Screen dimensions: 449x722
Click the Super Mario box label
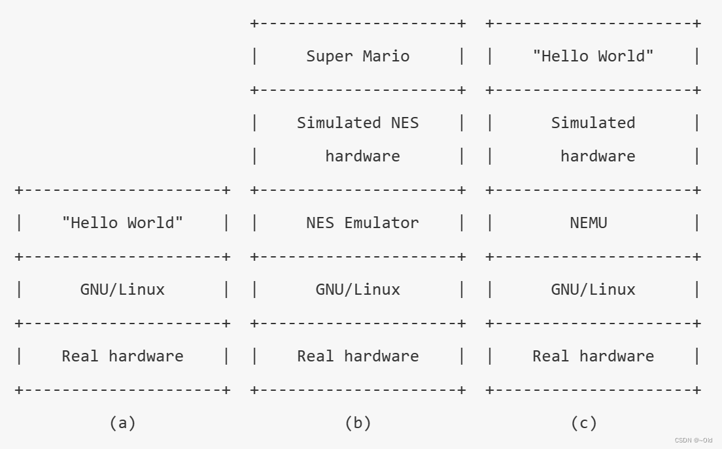pos(358,56)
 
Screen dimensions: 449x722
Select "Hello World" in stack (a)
pos(122,223)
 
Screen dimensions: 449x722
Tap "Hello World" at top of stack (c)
pos(593,56)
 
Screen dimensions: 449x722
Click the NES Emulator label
pos(362,223)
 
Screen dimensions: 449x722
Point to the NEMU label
pos(588,223)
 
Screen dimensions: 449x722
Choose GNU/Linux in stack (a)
pos(122,290)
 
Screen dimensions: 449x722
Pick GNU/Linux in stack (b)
pos(358,290)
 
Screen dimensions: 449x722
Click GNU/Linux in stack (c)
pos(593,290)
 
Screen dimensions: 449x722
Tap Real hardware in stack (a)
pos(122,356)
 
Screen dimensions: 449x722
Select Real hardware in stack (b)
pos(358,356)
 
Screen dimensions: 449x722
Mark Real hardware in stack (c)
pos(593,356)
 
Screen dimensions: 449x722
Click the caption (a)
pos(122,423)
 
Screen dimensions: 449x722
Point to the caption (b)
pos(358,423)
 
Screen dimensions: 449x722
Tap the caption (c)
pos(583,423)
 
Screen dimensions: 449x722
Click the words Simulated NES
pos(358,123)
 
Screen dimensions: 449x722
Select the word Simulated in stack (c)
pos(593,123)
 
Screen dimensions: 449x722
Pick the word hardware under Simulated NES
pos(362,156)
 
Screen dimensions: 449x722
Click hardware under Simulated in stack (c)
pos(597,156)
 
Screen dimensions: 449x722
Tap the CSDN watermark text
pos(693,441)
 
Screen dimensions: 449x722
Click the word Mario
pos(386,56)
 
